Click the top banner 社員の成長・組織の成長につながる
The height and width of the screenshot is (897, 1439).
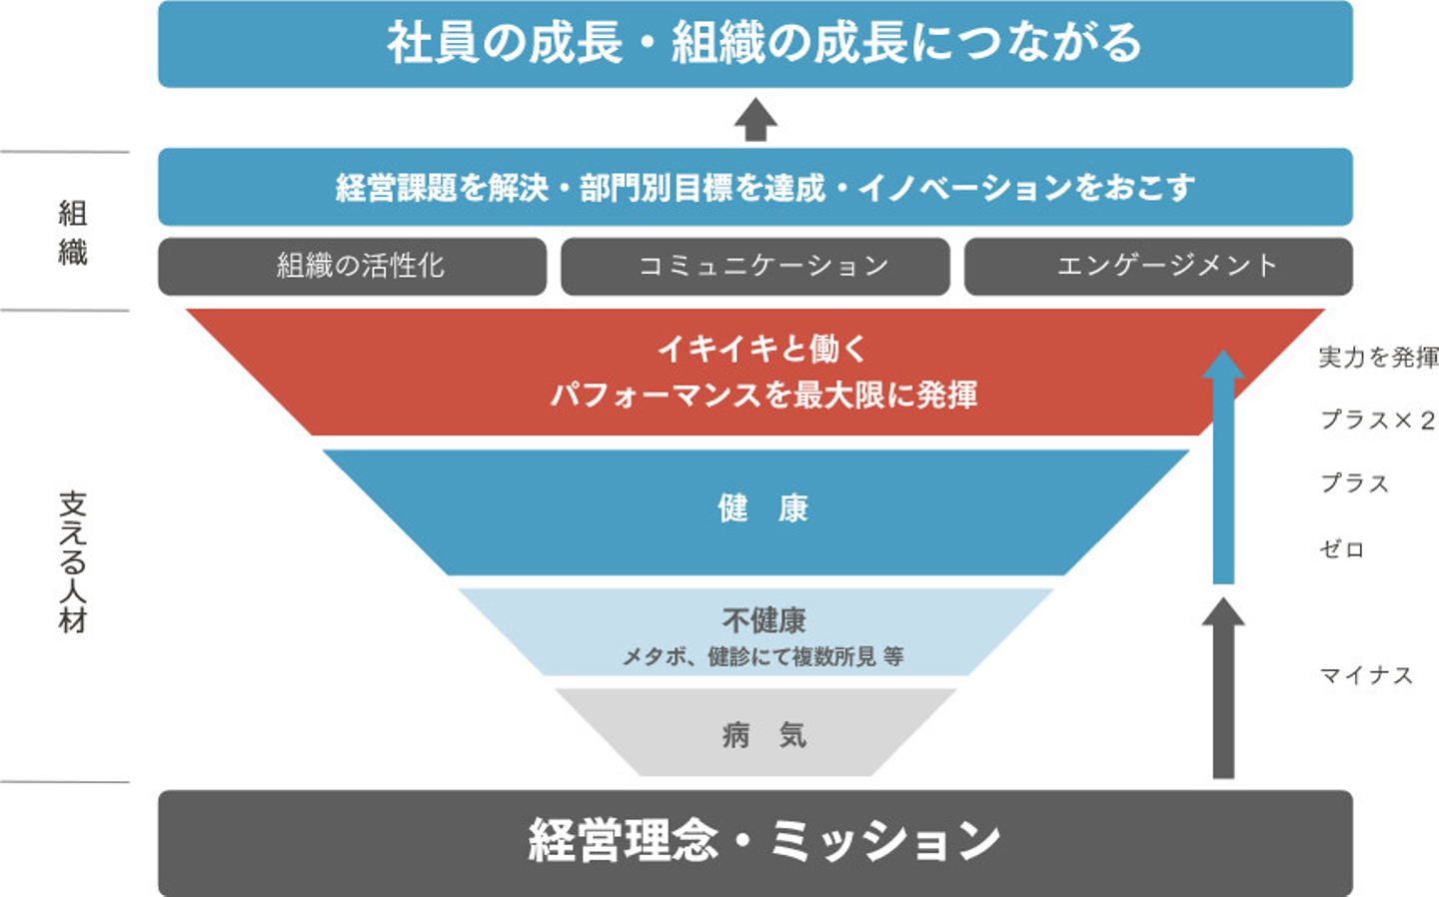[x=755, y=44]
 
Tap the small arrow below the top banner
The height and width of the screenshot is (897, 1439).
[x=756, y=120]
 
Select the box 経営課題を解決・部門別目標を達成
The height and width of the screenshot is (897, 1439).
[x=755, y=187]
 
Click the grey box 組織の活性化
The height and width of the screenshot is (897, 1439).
[x=352, y=267]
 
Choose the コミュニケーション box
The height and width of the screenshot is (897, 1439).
[x=755, y=267]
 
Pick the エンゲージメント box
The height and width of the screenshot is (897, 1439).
[x=1159, y=267]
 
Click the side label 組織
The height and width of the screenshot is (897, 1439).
[x=73, y=233]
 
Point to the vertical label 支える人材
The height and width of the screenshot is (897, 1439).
[x=73, y=562]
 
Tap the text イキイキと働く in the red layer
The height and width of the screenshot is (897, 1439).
[x=762, y=350]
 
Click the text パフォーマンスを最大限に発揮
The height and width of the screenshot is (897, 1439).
[x=763, y=395]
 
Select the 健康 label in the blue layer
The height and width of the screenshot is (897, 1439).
[x=762, y=509]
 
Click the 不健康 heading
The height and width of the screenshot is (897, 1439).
[x=763, y=620]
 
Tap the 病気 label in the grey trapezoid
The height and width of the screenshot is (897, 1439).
[x=763, y=735]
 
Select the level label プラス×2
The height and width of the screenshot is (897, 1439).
[x=1377, y=421]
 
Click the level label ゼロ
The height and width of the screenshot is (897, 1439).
[x=1342, y=549]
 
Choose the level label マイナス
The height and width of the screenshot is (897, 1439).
[x=1366, y=675]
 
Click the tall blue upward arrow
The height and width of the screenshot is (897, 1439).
[x=1223, y=467]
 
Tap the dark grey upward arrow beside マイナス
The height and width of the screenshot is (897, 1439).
[x=1223, y=688]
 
